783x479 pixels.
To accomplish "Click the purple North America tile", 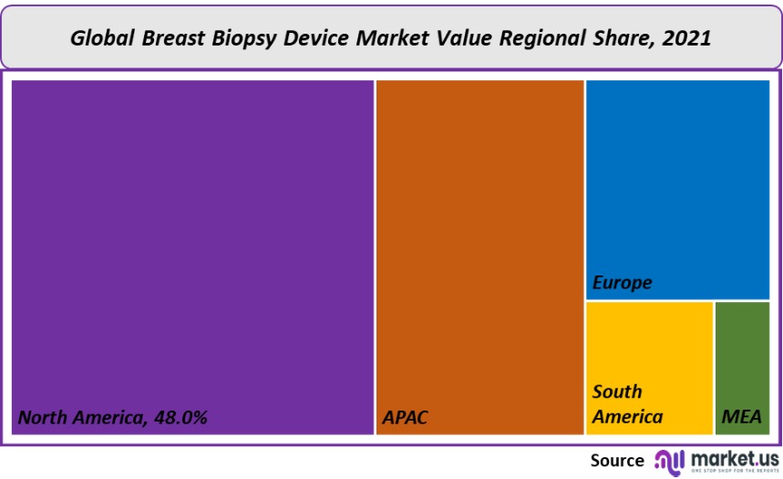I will pyautogui.click(x=192, y=246).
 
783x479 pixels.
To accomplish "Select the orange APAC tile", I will pyautogui.click(x=479, y=246).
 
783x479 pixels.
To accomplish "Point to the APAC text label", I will pyautogui.click(x=405, y=418).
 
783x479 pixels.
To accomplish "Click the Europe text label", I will pyautogui.click(x=623, y=283).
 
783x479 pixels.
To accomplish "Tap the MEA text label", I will pyautogui.click(x=741, y=418).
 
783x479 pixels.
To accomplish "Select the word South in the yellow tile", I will pyautogui.click(x=617, y=392).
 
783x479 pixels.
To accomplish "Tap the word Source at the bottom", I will pyautogui.click(x=617, y=460).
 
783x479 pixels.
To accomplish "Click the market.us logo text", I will pyautogui.click(x=735, y=456).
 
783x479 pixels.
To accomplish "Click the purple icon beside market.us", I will pyautogui.click(x=670, y=461).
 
